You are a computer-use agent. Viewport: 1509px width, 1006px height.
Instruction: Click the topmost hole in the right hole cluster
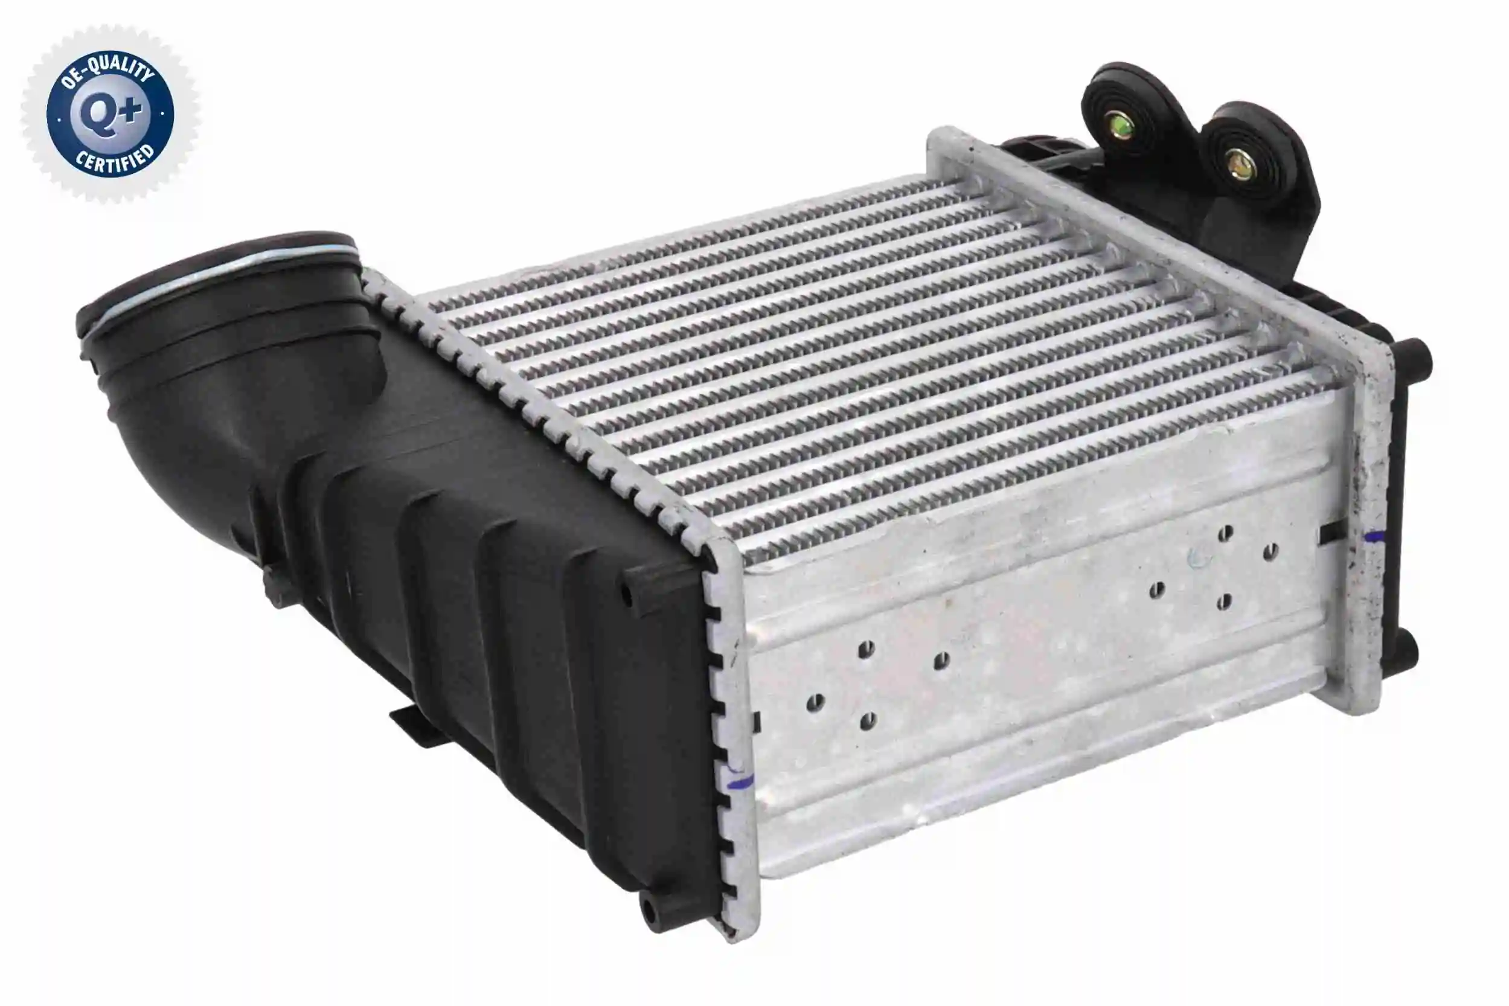pyautogui.click(x=1225, y=532)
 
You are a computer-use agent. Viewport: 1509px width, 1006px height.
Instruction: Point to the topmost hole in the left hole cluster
pyautogui.click(x=866, y=648)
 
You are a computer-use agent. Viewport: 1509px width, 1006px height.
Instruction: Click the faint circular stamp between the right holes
pyautogui.click(x=1197, y=557)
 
